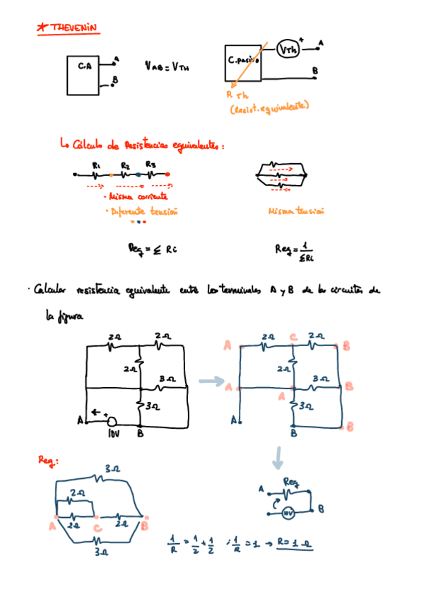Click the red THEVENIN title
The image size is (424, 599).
pyautogui.click(x=69, y=28)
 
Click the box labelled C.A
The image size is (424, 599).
pyautogui.click(x=84, y=75)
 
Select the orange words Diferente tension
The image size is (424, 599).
pyautogui.click(x=141, y=210)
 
